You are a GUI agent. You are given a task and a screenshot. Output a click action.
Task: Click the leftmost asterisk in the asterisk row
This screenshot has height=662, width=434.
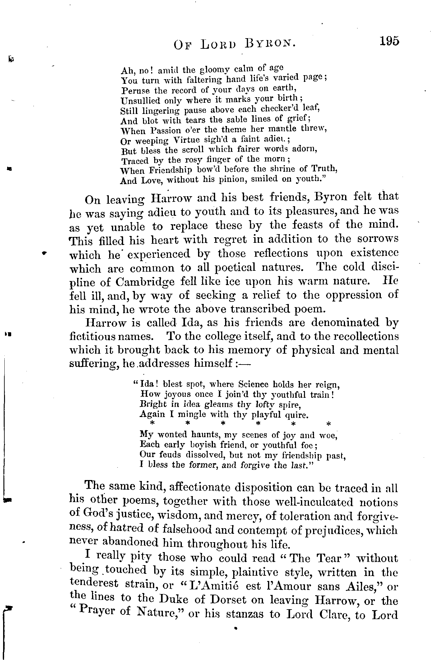[x=152, y=424]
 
